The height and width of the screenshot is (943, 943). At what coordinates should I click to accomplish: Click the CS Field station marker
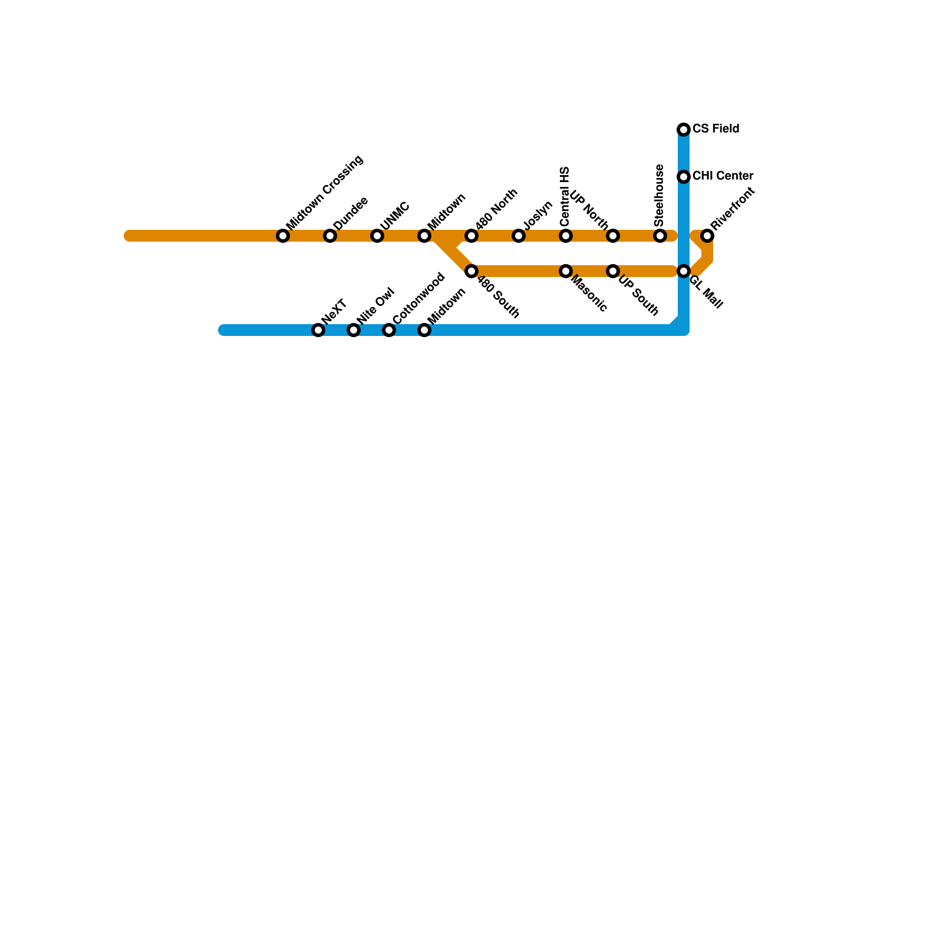tap(684, 130)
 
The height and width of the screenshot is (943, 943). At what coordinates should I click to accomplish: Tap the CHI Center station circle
tap(684, 177)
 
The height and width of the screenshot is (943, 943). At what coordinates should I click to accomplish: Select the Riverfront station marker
tap(707, 236)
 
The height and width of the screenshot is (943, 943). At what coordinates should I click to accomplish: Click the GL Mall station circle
tap(684, 271)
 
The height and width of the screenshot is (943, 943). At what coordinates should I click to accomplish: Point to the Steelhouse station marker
tap(660, 236)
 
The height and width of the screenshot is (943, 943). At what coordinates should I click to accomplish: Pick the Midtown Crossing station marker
tap(283, 236)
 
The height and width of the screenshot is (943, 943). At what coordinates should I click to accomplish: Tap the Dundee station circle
tap(330, 236)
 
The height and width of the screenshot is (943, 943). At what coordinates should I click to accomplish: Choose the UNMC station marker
tap(377, 236)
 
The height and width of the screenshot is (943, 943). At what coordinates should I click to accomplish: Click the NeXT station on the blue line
tap(318, 330)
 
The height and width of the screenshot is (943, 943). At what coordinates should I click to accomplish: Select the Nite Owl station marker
tap(354, 330)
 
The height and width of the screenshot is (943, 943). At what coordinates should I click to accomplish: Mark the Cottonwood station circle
tap(389, 330)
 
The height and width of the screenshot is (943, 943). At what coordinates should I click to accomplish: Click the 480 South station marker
tap(471, 271)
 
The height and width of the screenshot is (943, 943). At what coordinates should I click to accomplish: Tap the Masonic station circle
tap(566, 271)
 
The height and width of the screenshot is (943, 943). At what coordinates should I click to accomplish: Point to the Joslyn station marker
tap(519, 236)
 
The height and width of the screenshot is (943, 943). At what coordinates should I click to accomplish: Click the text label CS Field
tap(716, 129)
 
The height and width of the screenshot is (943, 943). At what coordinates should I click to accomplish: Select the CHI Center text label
tap(723, 176)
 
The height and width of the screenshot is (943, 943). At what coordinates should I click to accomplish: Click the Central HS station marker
tap(566, 236)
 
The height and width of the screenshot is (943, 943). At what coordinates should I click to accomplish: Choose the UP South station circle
tap(613, 271)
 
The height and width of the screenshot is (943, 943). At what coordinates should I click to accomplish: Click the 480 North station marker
tap(471, 236)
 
